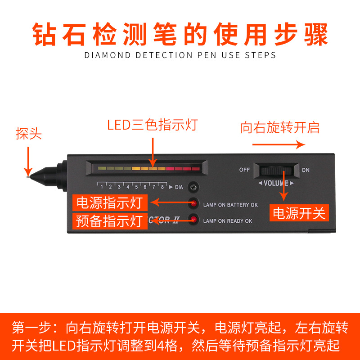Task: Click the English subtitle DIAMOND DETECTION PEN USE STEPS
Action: tap(180, 55)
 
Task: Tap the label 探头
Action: tap(29, 135)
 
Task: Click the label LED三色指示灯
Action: tap(152, 125)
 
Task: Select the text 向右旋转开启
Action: tap(279, 127)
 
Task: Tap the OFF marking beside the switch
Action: tap(244, 170)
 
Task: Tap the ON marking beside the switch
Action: tap(306, 170)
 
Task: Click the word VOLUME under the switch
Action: tap(276, 183)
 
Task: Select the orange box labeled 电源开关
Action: tap(299, 213)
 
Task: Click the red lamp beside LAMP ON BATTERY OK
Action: tap(194, 203)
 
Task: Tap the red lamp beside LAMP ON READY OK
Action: tap(194, 220)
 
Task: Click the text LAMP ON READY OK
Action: tap(228, 221)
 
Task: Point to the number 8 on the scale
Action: tap(162, 187)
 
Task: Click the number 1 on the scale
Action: tap(102, 187)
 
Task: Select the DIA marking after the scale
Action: tap(179, 187)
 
